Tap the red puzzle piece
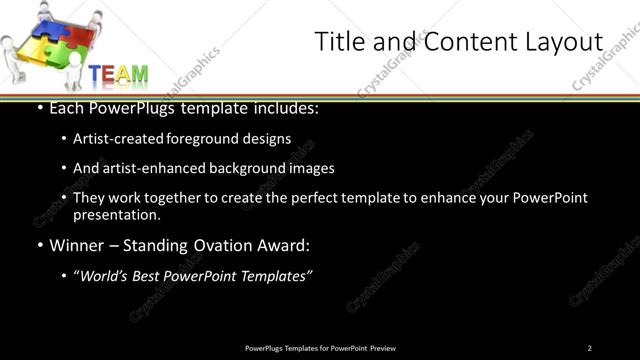(78, 36)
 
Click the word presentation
(116, 214)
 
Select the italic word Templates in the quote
(275, 276)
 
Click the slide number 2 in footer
(589, 347)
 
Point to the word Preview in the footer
(382, 347)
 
